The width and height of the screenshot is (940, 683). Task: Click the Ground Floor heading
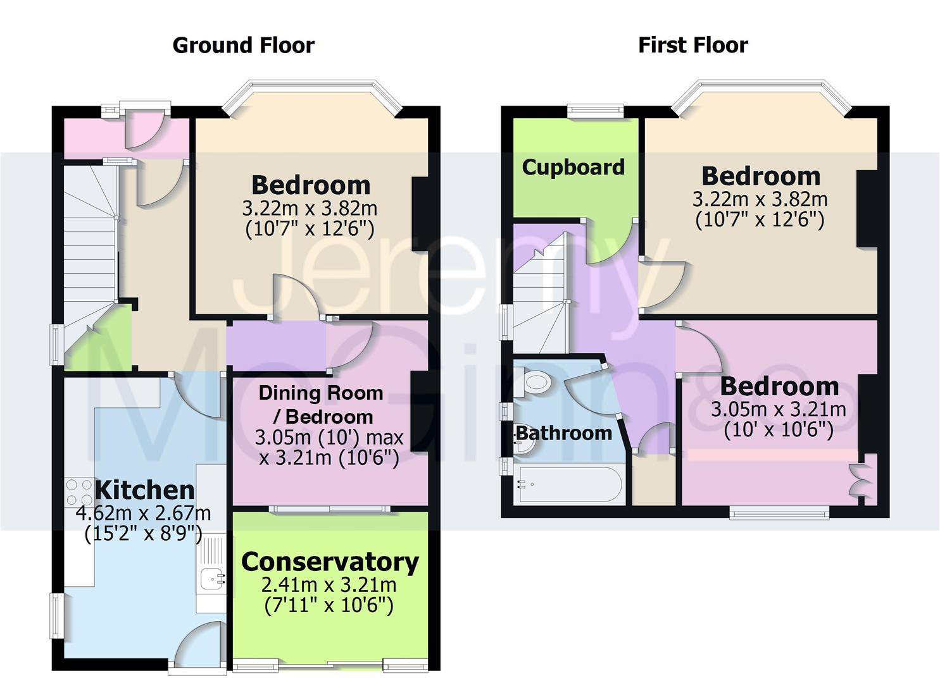244,46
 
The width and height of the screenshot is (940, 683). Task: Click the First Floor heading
693,46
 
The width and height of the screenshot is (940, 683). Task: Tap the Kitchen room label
145,490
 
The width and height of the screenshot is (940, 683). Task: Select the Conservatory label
330,562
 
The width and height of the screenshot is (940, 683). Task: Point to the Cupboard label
573,168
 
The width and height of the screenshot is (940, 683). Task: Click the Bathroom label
564,433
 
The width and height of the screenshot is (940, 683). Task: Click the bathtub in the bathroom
569,484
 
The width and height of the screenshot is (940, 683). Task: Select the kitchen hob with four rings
79,492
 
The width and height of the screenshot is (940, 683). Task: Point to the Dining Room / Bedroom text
321,405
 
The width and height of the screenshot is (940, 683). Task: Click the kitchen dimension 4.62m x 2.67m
144,513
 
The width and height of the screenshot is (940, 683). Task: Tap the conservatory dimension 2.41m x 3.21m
329,584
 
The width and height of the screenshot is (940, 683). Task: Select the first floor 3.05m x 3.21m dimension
779,409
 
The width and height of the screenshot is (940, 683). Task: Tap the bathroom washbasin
524,445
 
